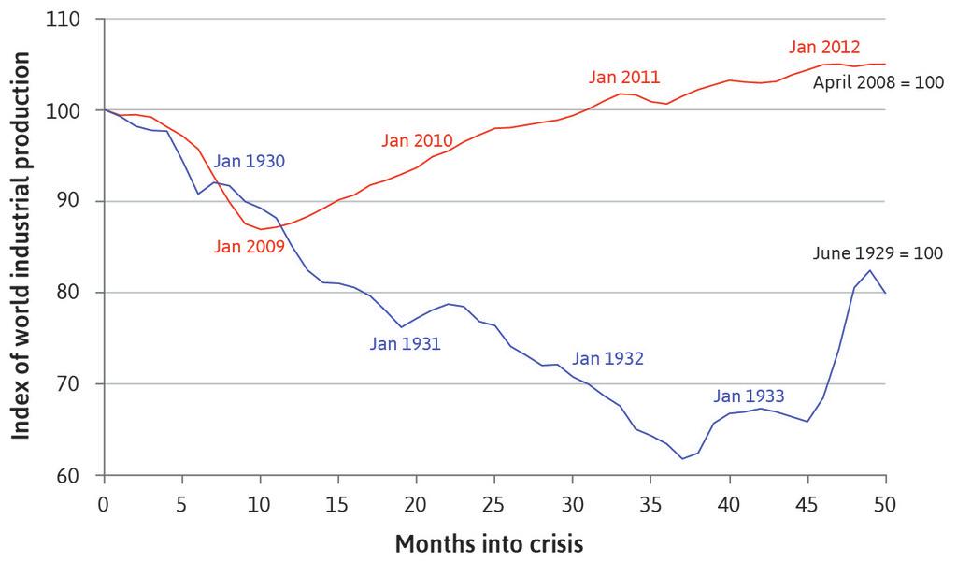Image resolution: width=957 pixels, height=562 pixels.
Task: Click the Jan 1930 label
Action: pyautogui.click(x=249, y=161)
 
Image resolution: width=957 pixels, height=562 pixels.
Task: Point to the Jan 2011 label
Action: pyautogui.click(x=624, y=77)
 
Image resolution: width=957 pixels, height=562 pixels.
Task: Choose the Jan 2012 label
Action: pyautogui.click(x=824, y=47)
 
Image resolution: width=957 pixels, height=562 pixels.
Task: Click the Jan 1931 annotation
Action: pyautogui.click(x=405, y=343)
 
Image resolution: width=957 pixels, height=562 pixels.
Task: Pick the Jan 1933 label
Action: pyautogui.click(x=749, y=395)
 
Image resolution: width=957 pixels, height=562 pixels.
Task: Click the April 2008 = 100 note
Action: pyautogui.click(x=878, y=81)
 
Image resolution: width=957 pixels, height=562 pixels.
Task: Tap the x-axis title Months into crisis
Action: pyautogui.click(x=490, y=543)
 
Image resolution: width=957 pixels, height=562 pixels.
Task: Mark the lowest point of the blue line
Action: pyautogui.click(x=682, y=458)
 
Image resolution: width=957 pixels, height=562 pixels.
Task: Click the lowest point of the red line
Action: pyautogui.click(x=261, y=229)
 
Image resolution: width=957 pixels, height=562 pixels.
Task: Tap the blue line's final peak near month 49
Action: pyautogui.click(x=870, y=270)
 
